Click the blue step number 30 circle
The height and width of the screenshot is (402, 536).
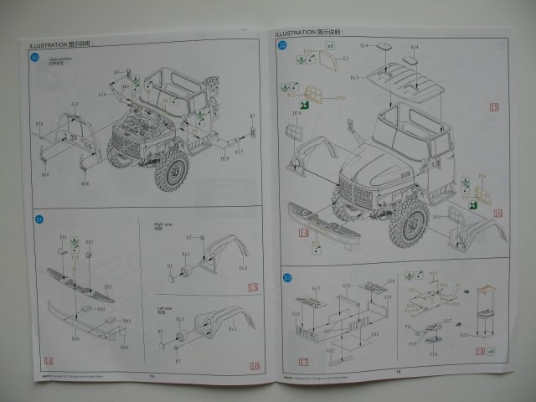(35, 58)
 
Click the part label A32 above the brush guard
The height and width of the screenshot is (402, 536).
(75, 106)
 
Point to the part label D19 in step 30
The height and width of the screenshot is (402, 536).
(224, 157)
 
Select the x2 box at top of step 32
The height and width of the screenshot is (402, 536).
(330, 44)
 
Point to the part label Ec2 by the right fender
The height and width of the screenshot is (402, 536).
(244, 268)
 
